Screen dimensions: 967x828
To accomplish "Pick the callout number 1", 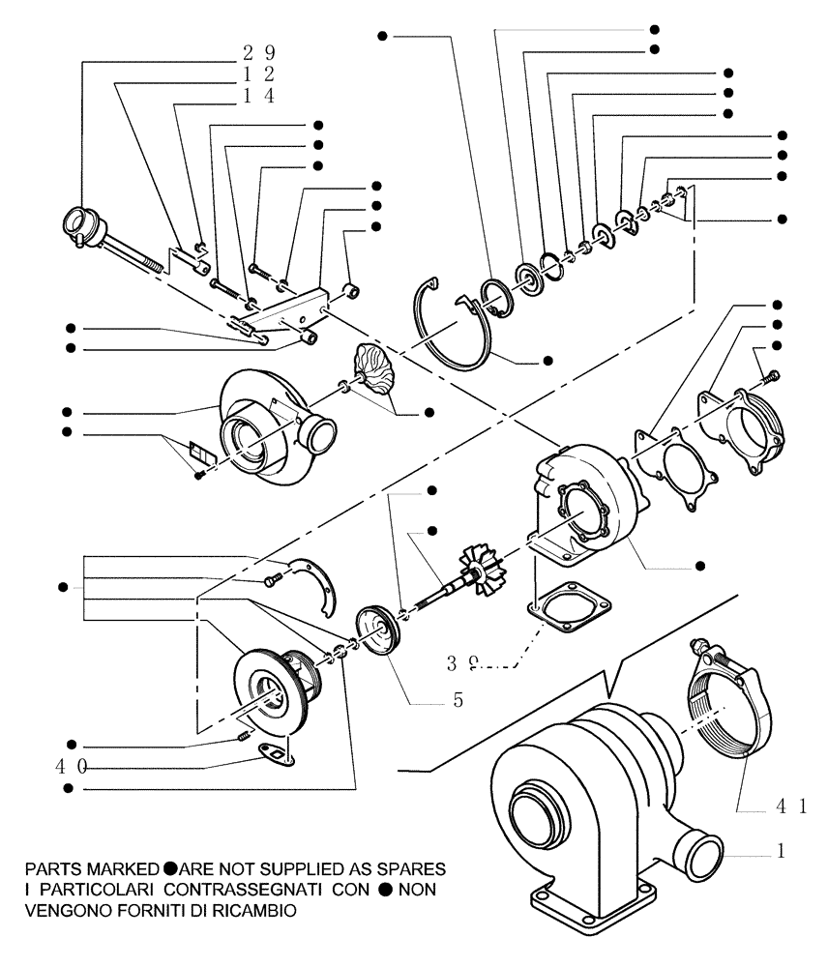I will coord(781,853).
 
